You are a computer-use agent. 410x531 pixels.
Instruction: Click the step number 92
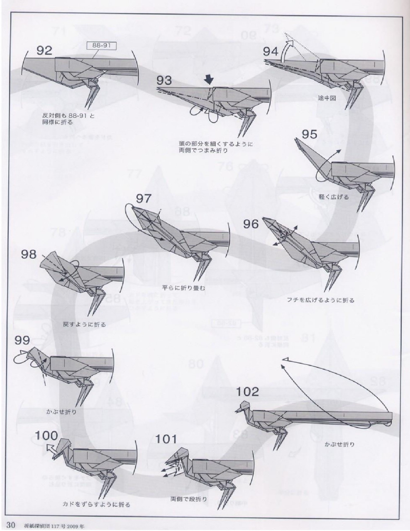pos(45,50)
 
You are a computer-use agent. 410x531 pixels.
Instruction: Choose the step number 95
pos(309,134)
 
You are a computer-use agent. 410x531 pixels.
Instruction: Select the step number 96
pos(251,224)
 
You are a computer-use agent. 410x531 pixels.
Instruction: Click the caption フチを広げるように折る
pos(320,300)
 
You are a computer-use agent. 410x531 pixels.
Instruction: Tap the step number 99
pos(22,340)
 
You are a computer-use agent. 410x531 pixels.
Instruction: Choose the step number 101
pos(166,439)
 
